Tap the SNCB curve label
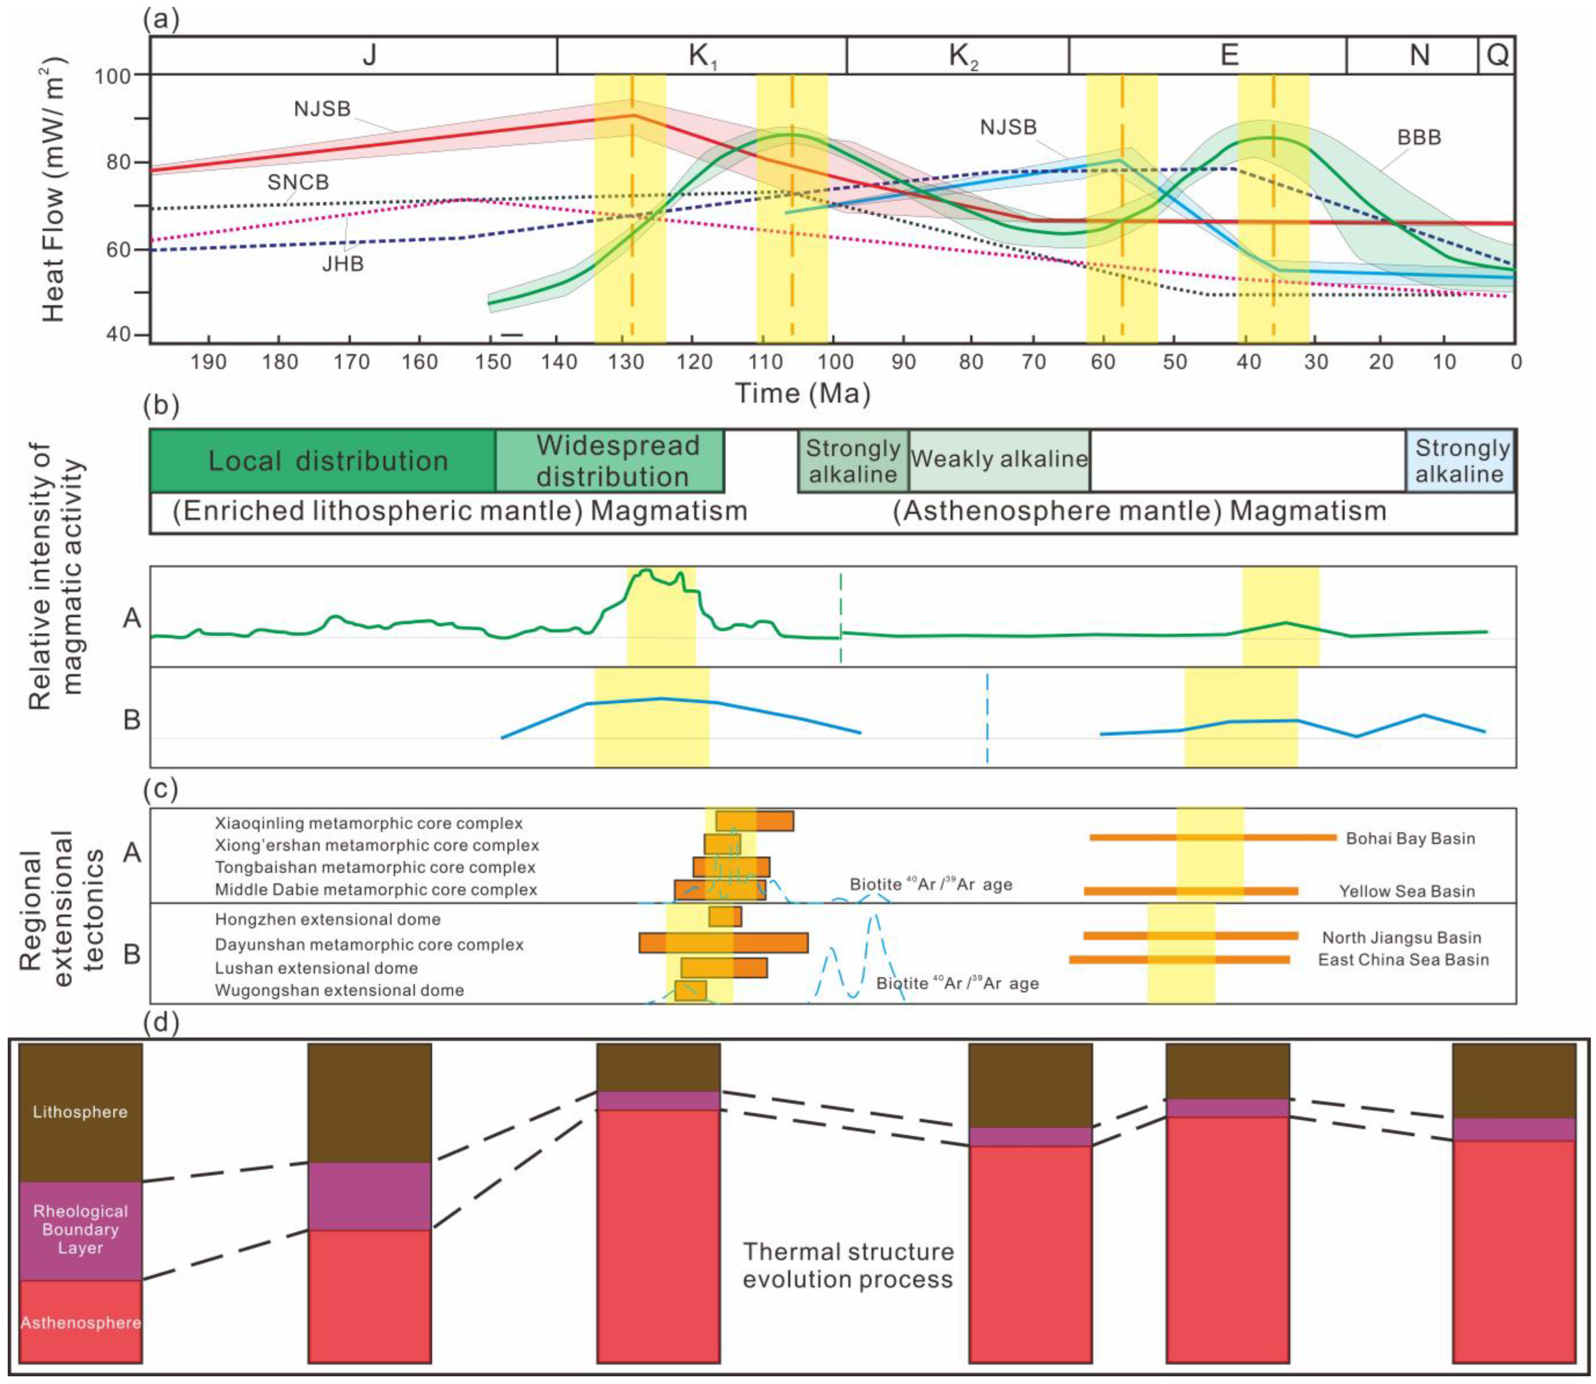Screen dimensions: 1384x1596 coord(298,182)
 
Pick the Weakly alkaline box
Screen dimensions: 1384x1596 coord(999,459)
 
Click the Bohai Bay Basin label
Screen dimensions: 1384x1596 coord(1410,839)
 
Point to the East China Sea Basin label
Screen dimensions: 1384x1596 coord(1403,960)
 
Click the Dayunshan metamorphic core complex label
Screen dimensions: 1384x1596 coord(369,944)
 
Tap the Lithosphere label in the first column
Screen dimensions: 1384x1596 coord(80,1112)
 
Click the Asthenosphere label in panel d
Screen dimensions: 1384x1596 coord(80,1323)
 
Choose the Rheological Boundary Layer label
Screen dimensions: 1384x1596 coord(80,1229)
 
